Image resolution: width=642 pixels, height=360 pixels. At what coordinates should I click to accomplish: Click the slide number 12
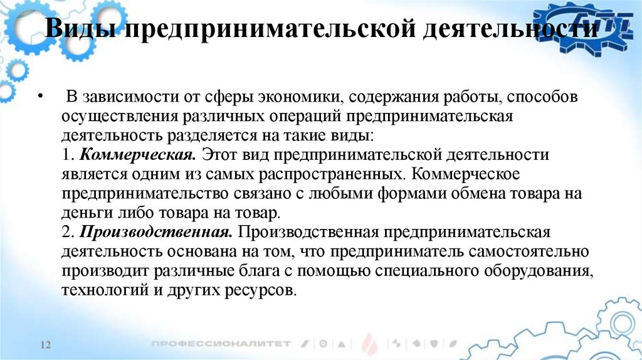pos(45,346)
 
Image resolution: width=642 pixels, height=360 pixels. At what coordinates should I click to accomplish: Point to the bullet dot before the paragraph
pos(41,98)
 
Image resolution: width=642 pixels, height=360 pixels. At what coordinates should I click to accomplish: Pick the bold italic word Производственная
pos(156,233)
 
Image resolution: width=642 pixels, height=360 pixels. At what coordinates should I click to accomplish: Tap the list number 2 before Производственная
pos(68,233)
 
